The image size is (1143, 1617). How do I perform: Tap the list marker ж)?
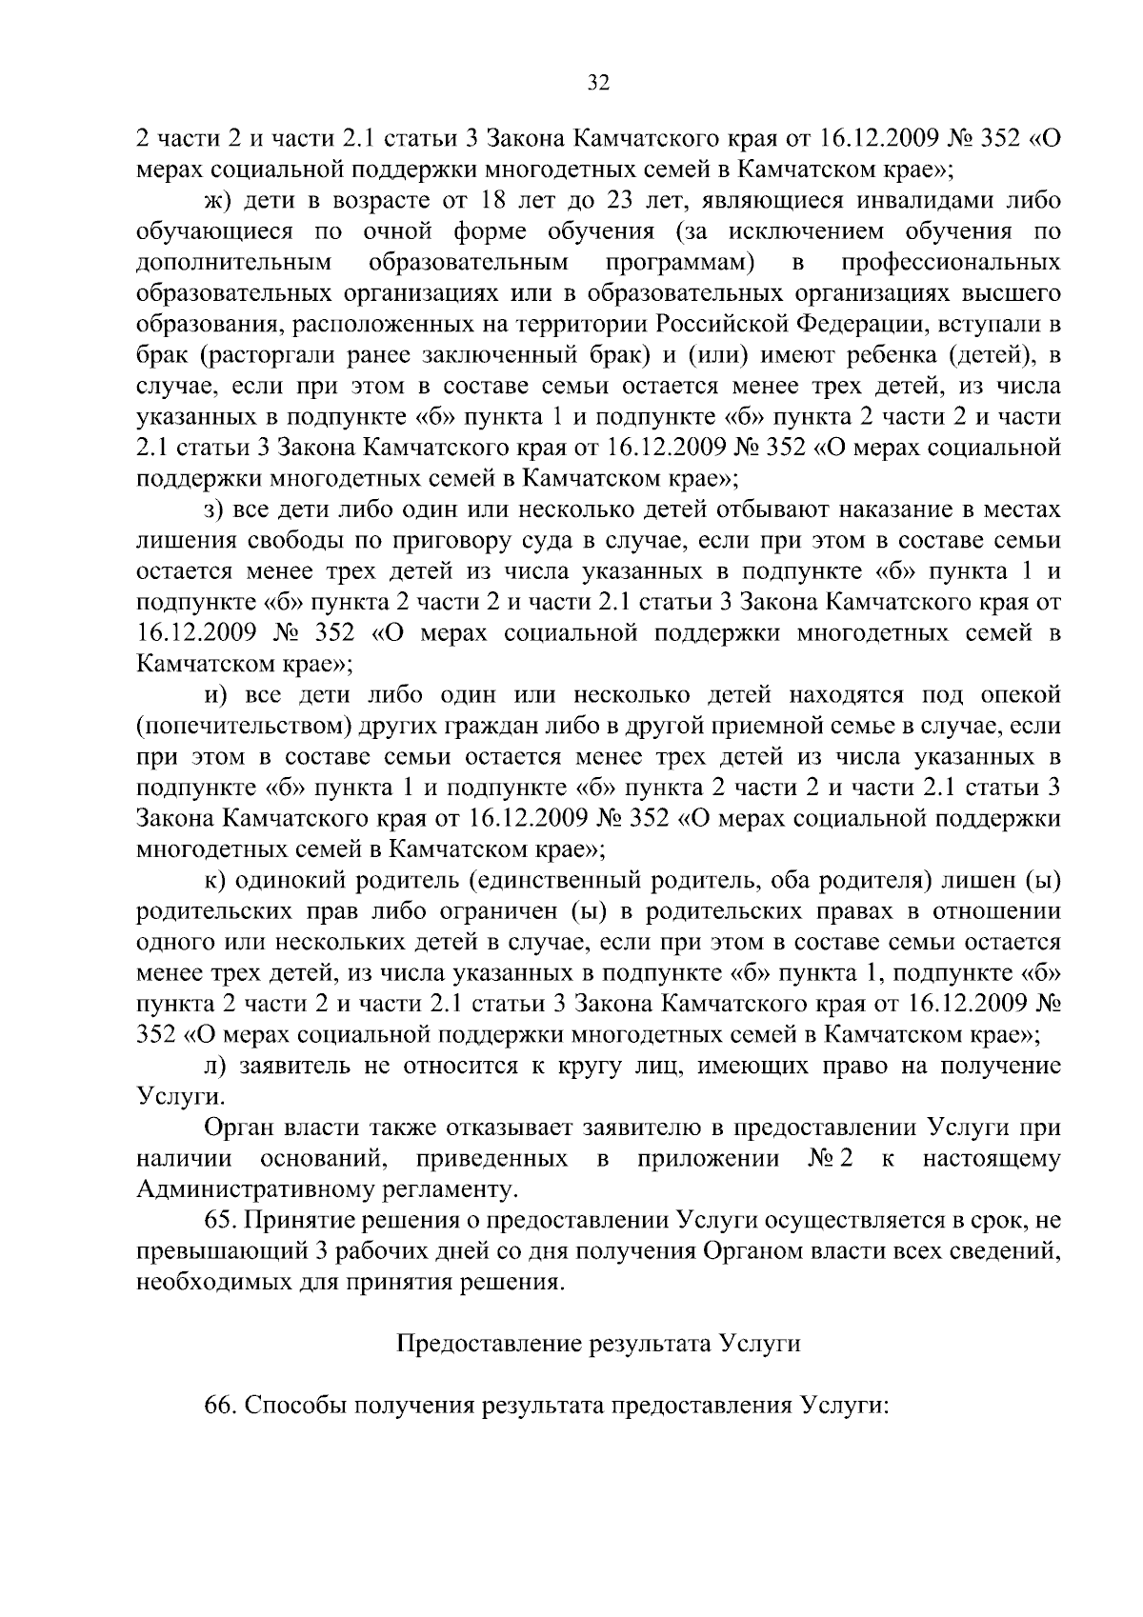pyautogui.click(x=219, y=202)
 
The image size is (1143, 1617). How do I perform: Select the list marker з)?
pyautogui.click(x=217, y=510)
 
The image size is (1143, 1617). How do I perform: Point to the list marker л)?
pyautogui.click(x=217, y=1066)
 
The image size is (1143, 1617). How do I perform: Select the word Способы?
pyautogui.click(x=295, y=1406)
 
